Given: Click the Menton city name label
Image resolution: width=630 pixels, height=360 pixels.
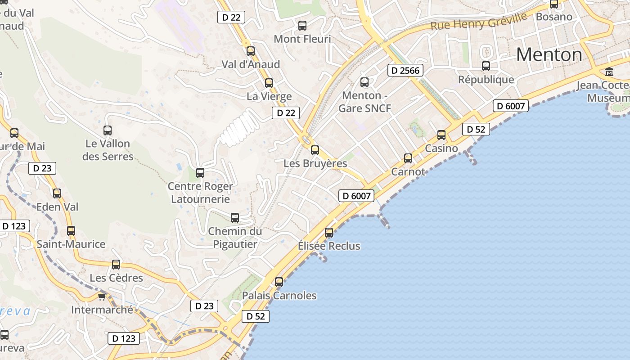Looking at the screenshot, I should coord(549,55).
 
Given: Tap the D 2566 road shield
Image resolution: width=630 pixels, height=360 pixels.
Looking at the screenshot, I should coord(405,70).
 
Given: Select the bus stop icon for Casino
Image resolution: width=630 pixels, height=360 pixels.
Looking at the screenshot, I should coord(441,135).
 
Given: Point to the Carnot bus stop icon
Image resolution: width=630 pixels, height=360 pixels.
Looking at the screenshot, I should coord(408,158).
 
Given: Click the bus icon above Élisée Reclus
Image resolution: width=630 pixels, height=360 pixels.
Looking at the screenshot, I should coord(329,232).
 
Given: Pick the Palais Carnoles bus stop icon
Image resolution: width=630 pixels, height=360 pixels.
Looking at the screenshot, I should coord(279,282).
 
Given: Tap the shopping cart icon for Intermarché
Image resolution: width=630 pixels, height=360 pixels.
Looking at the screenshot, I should coord(102,297).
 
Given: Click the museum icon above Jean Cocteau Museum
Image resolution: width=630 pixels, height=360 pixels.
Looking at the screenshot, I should coord(609,72).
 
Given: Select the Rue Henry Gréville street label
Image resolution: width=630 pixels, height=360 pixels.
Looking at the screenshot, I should coord(478,21).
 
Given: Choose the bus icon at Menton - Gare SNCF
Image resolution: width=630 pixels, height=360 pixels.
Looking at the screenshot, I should coord(364,82).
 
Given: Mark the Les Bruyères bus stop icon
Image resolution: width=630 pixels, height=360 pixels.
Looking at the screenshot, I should coord(315,150).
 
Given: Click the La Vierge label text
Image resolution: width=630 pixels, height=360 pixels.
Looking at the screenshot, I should coord(269,96).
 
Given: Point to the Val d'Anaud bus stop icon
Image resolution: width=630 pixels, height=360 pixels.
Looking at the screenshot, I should coord(251,51).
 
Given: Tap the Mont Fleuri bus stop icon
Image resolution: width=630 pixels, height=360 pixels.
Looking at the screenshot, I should coord(302,26).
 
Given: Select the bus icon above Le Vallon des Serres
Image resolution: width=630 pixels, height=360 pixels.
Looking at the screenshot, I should coord(108,130).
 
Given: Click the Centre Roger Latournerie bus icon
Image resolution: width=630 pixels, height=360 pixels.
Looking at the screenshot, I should coord(200,172).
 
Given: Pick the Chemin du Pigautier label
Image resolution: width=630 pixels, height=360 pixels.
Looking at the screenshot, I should coord(235,238).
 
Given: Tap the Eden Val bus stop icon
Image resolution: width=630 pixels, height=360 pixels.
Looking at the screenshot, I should coord(57,193).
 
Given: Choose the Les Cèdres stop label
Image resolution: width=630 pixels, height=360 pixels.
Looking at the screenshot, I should coord(117,278).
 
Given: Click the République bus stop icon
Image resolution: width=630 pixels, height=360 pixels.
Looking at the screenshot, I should coord(486,66).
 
